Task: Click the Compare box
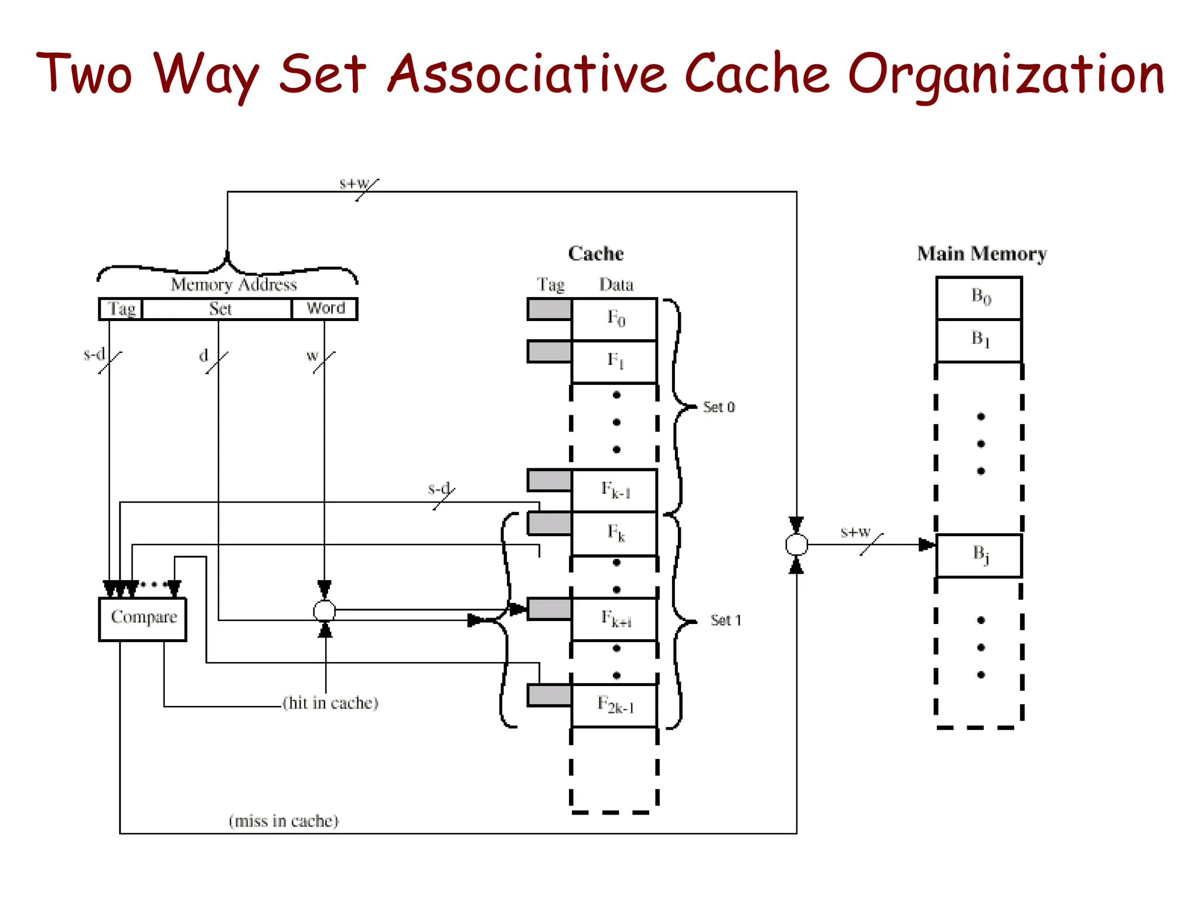tap(142, 619)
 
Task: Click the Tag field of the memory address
tap(121, 309)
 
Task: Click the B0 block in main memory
tap(979, 298)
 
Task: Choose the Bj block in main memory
tap(979, 555)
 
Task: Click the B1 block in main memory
tap(979, 340)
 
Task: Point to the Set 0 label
tap(718, 407)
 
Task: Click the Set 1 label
tap(725, 621)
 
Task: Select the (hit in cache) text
tap(330, 703)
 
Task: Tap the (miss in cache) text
tap(284, 821)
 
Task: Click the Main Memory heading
tap(981, 254)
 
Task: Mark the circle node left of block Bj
tap(796, 545)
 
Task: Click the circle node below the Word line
tap(324, 611)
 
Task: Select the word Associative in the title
tap(527, 74)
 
